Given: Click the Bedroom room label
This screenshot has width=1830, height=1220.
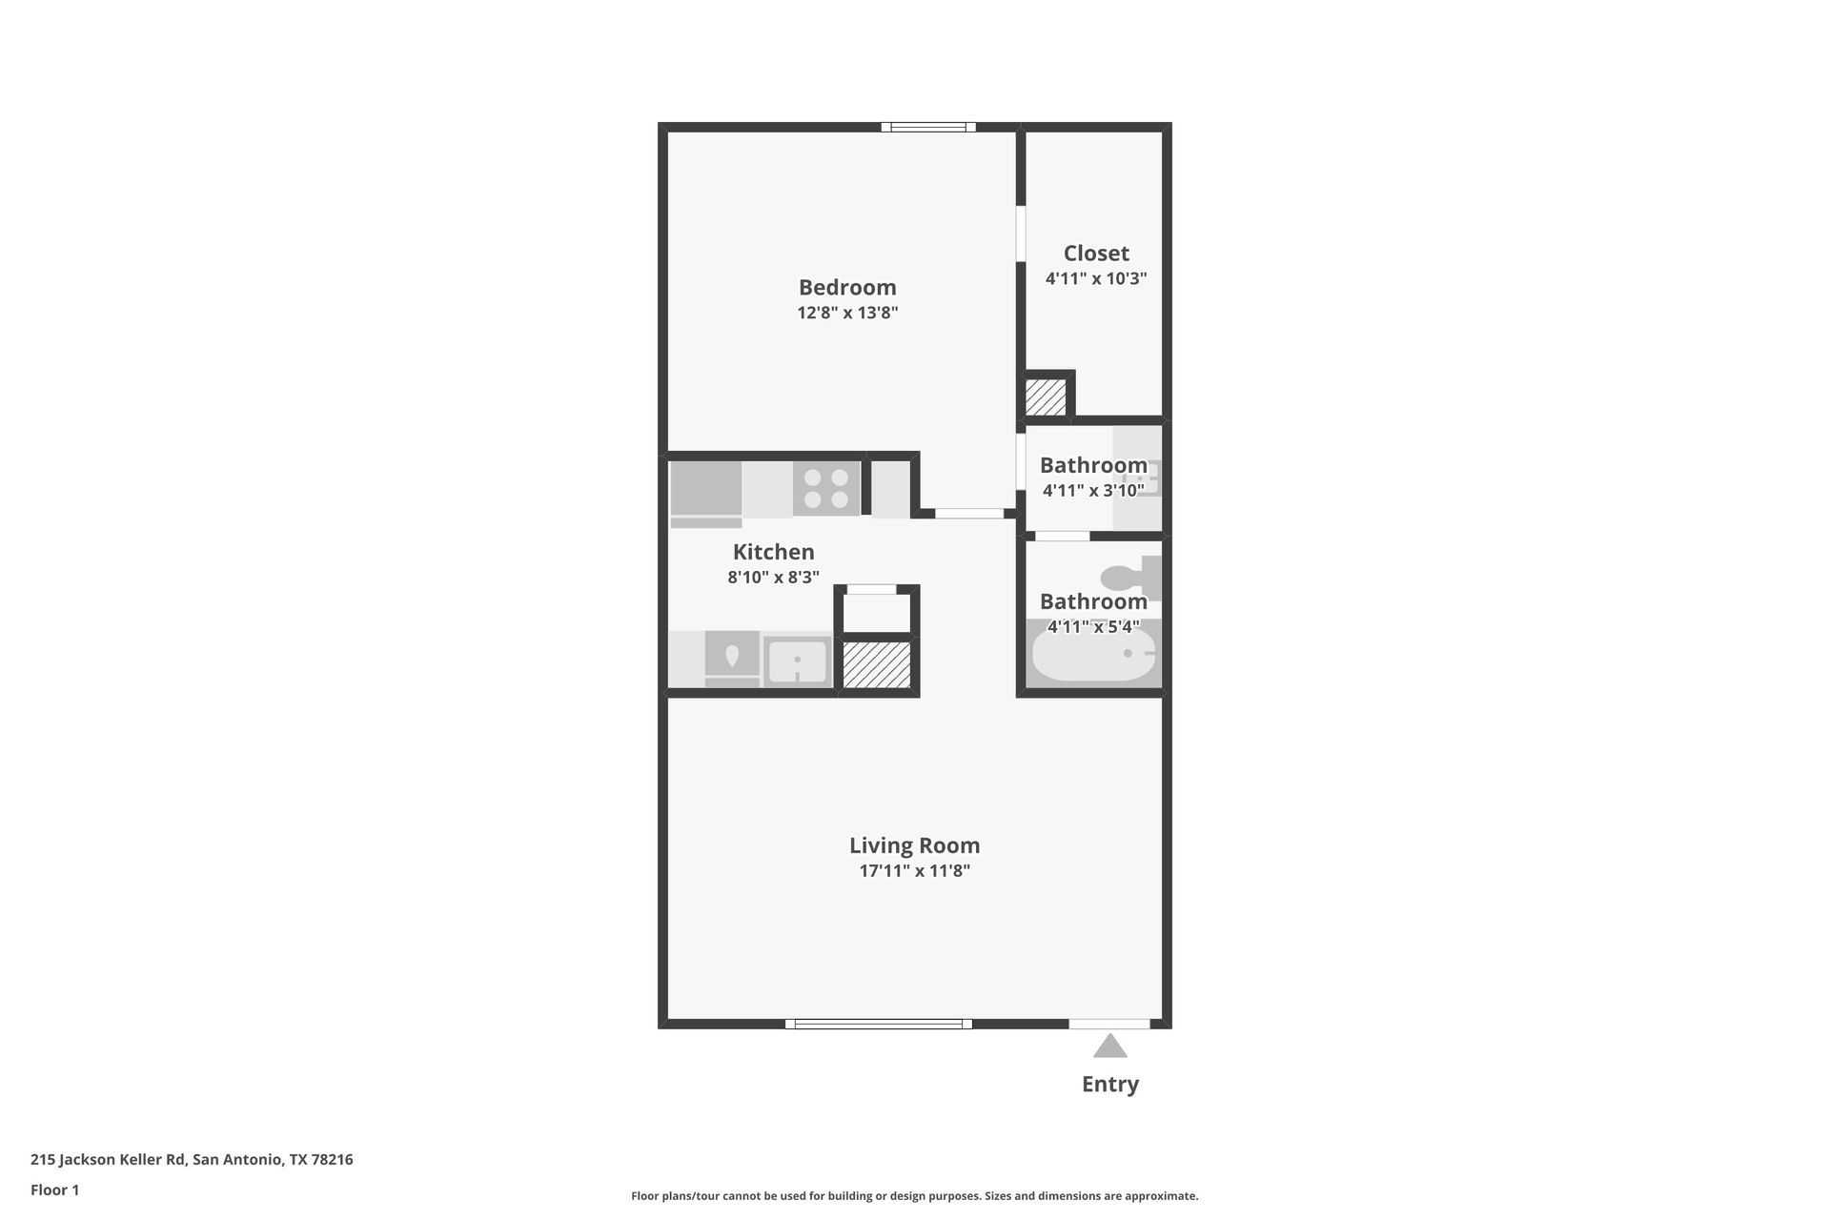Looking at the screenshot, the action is point(847,287).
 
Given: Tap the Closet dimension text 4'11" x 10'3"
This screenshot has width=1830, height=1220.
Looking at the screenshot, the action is point(1096,278).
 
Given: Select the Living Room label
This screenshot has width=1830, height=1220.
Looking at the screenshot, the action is point(915,845).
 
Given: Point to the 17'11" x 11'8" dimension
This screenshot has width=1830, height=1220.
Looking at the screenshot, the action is point(915,870).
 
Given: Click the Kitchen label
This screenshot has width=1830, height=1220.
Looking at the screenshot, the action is point(774,552).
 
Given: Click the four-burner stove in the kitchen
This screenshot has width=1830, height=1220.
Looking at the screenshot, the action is point(826,489).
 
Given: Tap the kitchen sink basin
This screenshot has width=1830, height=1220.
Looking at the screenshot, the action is point(798,661).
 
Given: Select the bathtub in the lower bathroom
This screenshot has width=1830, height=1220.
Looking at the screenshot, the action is point(1094,654).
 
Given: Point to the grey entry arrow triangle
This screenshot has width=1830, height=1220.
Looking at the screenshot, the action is point(1110,1047).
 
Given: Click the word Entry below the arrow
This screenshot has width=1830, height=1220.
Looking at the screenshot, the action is point(1110,1084).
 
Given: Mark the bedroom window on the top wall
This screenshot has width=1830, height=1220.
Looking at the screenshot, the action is point(928,127).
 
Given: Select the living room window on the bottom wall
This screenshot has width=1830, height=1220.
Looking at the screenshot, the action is point(879,1024).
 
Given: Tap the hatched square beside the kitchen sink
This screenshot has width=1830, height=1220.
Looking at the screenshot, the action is point(877,665).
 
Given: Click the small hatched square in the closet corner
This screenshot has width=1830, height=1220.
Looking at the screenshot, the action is point(1046,397).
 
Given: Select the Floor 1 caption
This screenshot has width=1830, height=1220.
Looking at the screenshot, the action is point(55,1189).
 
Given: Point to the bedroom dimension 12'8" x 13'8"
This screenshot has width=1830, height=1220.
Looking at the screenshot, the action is point(848,313).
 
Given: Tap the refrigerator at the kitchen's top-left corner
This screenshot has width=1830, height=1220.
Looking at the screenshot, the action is point(706,495).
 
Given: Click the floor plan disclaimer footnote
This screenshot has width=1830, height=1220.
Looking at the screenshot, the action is point(915,1195).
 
